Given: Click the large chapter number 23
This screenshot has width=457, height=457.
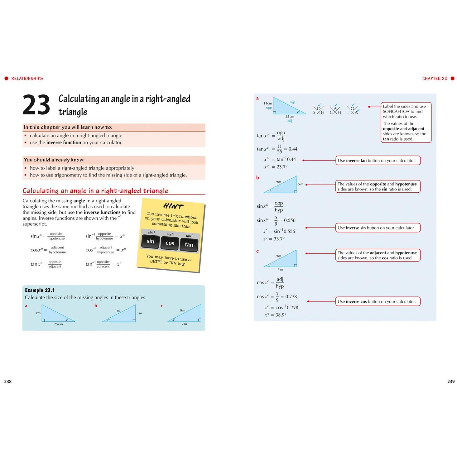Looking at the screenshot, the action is tap(36, 104).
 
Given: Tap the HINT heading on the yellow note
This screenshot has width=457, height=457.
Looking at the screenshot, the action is tap(173, 206).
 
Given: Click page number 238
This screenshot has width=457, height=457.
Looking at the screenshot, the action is tap(8, 381).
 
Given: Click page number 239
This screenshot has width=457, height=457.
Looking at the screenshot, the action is tap(451, 381).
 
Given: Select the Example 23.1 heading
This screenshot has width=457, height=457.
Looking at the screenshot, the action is tap(40, 290).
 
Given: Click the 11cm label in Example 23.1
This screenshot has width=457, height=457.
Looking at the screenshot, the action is tap(36, 313).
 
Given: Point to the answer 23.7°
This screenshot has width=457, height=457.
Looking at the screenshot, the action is tap(282, 167).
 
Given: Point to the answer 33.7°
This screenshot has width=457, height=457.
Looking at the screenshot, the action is tap(279, 238).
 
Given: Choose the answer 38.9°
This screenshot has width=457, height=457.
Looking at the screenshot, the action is tap(281, 315).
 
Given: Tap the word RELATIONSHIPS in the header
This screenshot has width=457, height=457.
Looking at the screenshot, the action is tap(27, 79).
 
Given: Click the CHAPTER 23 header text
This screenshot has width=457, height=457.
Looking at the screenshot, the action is tap(435, 79).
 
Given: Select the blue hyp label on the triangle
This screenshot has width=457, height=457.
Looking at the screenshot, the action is tap(292, 102).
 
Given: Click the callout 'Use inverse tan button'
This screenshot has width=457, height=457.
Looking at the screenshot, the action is tap(378, 160).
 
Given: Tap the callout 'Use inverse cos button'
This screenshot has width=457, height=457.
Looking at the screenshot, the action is tap(378, 301).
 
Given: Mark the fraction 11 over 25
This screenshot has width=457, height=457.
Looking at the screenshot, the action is tap(279, 149).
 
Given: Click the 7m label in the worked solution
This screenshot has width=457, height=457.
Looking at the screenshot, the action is tap(280, 269).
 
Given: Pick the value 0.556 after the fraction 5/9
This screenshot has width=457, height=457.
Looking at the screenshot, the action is tap(290, 220).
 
